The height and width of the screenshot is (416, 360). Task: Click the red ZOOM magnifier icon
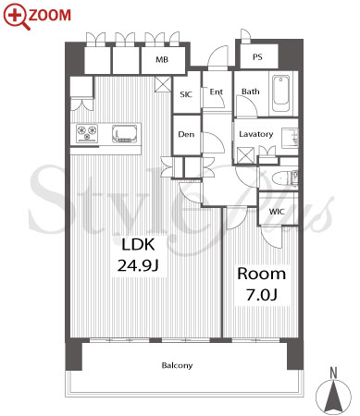(x=17, y=17)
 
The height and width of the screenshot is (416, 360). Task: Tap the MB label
(x=162, y=59)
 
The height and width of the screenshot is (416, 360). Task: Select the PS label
(x=257, y=57)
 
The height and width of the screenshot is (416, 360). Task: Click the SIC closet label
(x=186, y=94)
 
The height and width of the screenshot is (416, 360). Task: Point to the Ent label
(x=217, y=92)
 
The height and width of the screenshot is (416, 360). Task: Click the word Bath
(x=251, y=92)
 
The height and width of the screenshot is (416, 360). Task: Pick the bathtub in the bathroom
(x=281, y=94)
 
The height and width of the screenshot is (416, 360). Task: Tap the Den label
(x=186, y=134)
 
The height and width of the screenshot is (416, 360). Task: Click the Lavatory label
(x=256, y=134)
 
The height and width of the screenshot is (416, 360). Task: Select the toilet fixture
(x=285, y=178)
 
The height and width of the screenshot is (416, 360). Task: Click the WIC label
(x=277, y=212)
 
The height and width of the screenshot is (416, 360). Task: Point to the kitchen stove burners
(x=87, y=133)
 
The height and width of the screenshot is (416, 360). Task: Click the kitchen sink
(x=125, y=134)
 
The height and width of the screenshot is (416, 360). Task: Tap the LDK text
(x=138, y=244)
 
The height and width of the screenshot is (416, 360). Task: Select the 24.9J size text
(x=138, y=265)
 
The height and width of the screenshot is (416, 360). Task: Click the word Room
(x=262, y=274)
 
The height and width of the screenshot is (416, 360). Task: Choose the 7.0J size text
(x=262, y=294)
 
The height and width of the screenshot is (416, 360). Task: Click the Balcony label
(x=177, y=365)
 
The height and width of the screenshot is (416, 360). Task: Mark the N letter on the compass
(x=333, y=373)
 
